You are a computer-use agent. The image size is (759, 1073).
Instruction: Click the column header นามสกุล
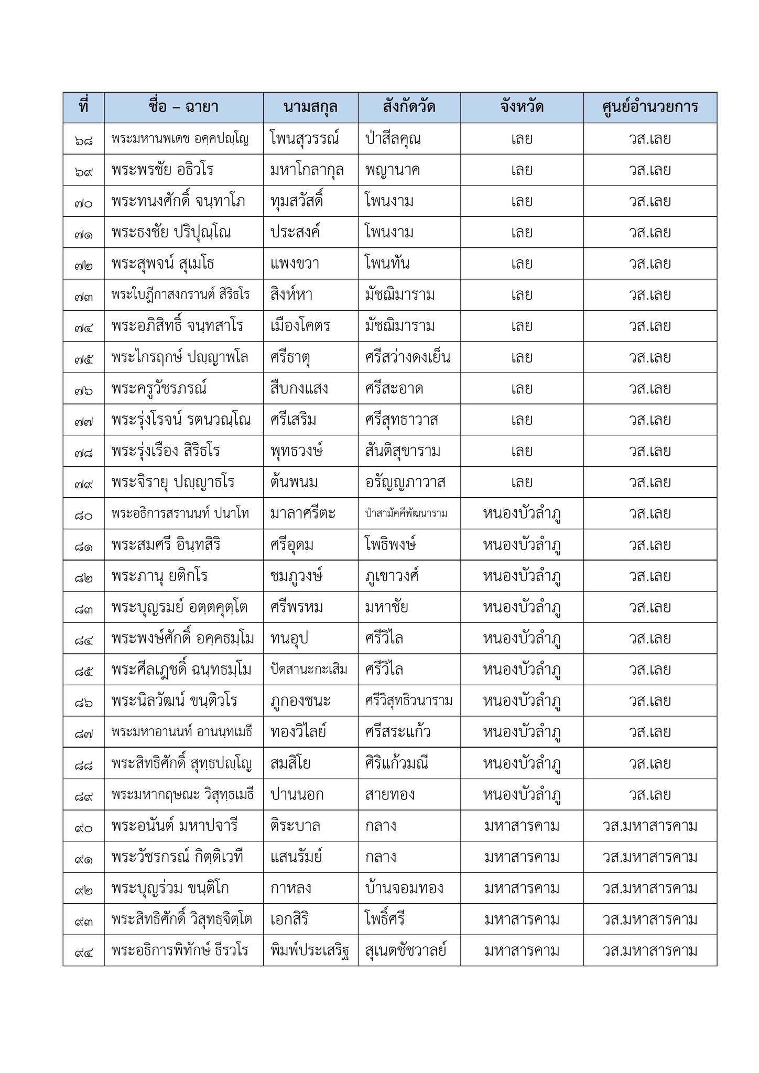[x=310, y=107]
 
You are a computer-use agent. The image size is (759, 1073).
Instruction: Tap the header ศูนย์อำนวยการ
[x=650, y=107]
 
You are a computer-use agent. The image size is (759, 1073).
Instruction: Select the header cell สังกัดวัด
[x=409, y=107]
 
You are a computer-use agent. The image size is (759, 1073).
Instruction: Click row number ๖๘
[x=83, y=140]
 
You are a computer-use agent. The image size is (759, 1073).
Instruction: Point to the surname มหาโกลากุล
[x=307, y=170]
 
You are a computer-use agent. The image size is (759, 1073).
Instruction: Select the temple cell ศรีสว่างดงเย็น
[x=408, y=357]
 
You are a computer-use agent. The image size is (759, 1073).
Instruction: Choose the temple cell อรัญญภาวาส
[x=405, y=482]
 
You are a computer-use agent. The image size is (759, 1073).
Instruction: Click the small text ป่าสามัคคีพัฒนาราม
[x=406, y=513]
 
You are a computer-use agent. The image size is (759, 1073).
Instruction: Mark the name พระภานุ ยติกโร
[x=159, y=576]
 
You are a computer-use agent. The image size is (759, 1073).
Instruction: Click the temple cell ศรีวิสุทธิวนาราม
[x=409, y=701]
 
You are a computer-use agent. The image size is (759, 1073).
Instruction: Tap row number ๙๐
[x=83, y=827]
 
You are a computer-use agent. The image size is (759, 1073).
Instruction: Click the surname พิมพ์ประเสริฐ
[x=310, y=950]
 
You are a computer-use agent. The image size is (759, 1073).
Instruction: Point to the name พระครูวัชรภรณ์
[x=159, y=389]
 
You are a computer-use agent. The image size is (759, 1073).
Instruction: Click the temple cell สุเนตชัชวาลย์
[x=406, y=950]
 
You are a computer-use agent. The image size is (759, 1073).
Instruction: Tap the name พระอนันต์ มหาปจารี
[x=175, y=826]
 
